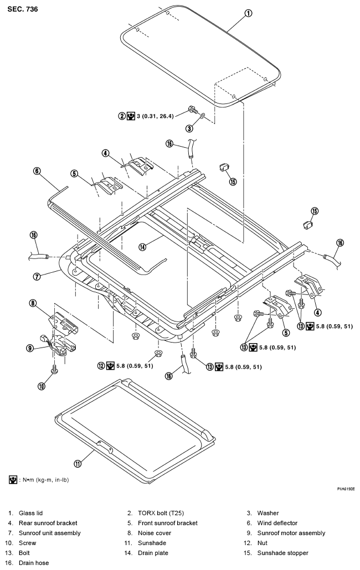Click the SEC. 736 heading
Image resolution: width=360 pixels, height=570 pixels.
(x=23, y=9)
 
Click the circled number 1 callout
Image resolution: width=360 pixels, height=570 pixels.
(x=248, y=13)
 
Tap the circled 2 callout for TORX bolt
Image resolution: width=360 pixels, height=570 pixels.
(x=121, y=116)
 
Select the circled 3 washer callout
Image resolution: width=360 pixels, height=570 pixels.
(x=189, y=128)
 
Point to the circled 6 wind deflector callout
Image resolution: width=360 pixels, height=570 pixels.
(x=37, y=171)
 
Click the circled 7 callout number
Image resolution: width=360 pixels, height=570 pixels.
(x=37, y=277)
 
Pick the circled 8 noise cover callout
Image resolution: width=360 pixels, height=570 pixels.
(x=33, y=303)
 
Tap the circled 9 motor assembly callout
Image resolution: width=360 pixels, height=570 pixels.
(x=30, y=348)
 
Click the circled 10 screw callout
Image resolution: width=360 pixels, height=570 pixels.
(x=42, y=386)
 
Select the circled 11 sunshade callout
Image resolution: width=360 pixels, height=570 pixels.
(x=78, y=464)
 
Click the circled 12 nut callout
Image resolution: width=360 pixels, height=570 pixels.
(x=101, y=366)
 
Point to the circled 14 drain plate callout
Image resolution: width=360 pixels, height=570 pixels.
(x=142, y=247)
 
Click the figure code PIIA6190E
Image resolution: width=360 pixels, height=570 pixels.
(x=346, y=489)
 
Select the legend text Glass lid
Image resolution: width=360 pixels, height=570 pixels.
(x=30, y=513)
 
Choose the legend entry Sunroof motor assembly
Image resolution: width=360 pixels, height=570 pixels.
(x=291, y=533)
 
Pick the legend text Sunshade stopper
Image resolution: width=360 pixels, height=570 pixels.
(x=283, y=553)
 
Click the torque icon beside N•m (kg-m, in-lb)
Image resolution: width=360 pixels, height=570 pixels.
(x=13, y=480)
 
